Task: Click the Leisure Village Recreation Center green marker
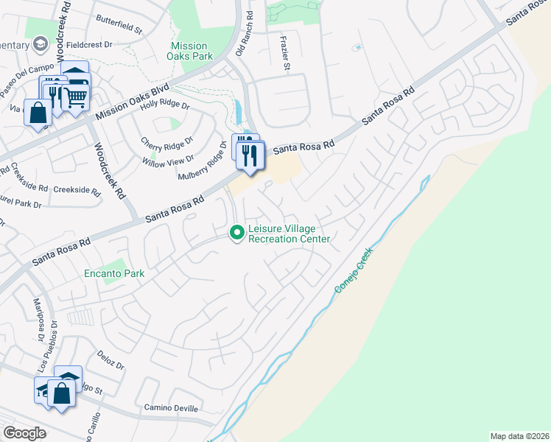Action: pyautogui.click(x=236, y=234)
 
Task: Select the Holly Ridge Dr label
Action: pyautogui.click(x=164, y=106)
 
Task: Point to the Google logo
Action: pyautogui.click(x=24, y=433)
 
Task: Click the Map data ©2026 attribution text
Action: pyautogui.click(x=519, y=436)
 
